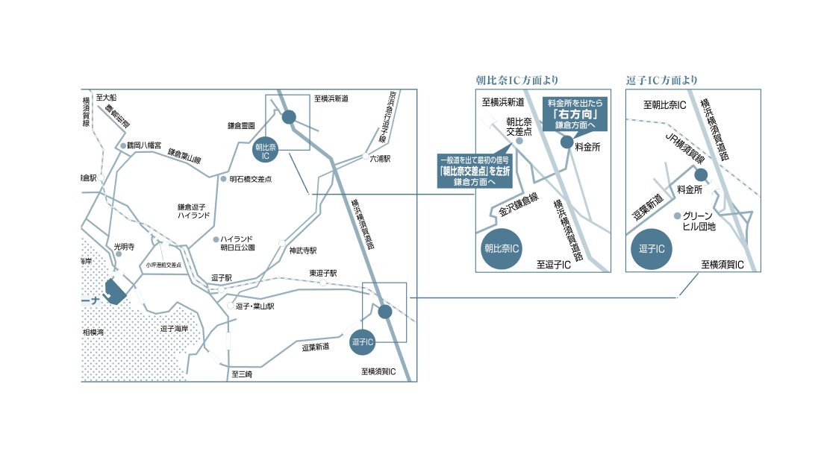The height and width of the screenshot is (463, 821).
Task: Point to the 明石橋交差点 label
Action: [251, 179]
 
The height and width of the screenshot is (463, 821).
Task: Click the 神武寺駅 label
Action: [303, 251]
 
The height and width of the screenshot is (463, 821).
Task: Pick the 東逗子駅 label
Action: [323, 273]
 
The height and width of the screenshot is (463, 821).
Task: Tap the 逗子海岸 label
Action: [174, 328]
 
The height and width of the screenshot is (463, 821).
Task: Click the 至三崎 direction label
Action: [242, 374]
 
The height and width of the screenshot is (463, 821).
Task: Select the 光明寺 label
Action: [123, 245]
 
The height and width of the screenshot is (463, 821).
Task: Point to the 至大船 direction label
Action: [107, 98]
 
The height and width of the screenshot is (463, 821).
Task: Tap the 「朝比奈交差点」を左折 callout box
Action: [475, 171]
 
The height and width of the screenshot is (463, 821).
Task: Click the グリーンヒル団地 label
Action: [699, 221]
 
